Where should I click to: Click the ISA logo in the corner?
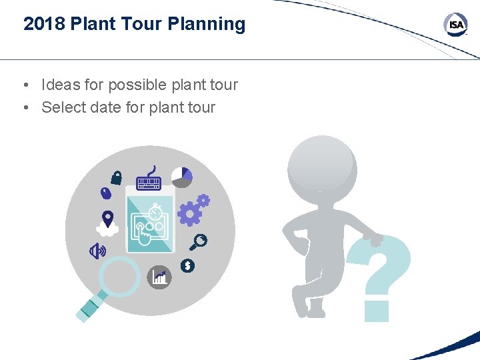pyautogui.click(x=455, y=25)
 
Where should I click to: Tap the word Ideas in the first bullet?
pyautogui.click(x=59, y=85)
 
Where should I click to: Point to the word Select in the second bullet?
pyautogui.click(x=63, y=107)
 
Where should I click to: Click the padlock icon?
pyautogui.click(x=117, y=177)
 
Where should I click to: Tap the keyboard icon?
pyautogui.click(x=149, y=180)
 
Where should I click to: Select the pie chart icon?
pyautogui.click(x=181, y=177)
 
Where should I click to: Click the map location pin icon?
pyautogui.click(x=107, y=218)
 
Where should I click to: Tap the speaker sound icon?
pyautogui.click(x=98, y=251)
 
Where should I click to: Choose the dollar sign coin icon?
pyautogui.click(x=188, y=266)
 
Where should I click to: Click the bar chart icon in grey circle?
pyautogui.click(x=159, y=276)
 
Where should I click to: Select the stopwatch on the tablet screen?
pyautogui.click(x=156, y=213)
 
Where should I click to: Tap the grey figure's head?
pyautogui.click(x=321, y=163)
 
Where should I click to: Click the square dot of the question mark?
pyautogui.click(x=376, y=311)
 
